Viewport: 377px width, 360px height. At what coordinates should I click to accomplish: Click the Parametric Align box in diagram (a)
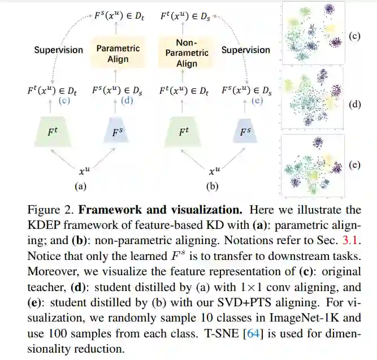[x=118, y=54]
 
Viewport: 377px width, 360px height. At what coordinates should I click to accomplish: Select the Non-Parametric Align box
[x=184, y=53]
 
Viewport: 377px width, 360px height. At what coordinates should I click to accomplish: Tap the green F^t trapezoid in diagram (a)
[x=51, y=132]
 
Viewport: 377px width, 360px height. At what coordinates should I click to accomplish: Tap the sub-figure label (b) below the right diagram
[x=213, y=185]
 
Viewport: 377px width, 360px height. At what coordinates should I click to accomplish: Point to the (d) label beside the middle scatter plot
[x=355, y=105]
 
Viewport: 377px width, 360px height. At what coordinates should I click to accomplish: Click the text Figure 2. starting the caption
[x=51, y=210]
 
